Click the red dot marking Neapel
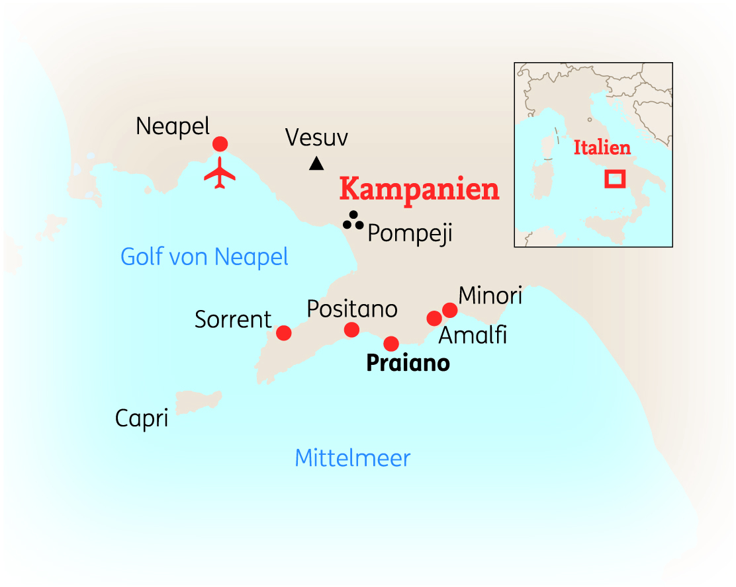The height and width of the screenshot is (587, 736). pos(220,144)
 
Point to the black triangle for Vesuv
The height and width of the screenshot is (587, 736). pos(317,163)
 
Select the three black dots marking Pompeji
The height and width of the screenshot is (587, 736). pos(353,221)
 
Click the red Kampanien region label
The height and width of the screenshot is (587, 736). pos(419,190)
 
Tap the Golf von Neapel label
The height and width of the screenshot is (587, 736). pos(205,256)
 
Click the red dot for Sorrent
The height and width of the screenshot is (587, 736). pos(284,333)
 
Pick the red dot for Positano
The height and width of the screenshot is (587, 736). pos(352,330)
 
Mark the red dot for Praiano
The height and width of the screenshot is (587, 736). pos(391,344)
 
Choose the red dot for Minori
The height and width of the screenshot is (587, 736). pos(450,310)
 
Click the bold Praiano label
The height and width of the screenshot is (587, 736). pos(408,364)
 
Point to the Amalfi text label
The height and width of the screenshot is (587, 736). pos(473,336)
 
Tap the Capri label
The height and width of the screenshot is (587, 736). pos(142,418)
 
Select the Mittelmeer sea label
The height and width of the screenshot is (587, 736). pos(352,458)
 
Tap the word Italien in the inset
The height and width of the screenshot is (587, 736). pos(602,147)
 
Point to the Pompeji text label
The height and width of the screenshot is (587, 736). pos(410,234)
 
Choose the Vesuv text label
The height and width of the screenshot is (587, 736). pos(316,137)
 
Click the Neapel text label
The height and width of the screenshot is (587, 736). pos(172,126)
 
